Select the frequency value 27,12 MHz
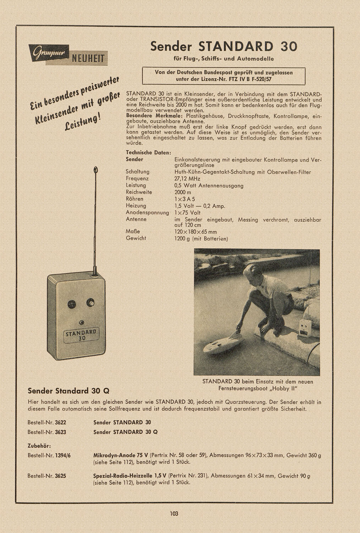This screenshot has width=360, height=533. [x=187, y=179]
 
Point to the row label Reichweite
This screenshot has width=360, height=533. [x=139, y=192]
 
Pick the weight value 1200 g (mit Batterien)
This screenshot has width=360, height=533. [x=201, y=238]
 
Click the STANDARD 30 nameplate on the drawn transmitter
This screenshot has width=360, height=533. [x=82, y=335]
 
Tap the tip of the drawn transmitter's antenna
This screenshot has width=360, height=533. [x=95, y=170]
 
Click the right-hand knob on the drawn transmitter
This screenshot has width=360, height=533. [x=91, y=303]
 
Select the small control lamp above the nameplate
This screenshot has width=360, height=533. [x=82, y=323]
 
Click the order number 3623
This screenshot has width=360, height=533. [x=60, y=432]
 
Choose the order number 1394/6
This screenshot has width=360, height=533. [x=63, y=455]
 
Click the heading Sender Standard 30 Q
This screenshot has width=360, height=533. [x=69, y=391]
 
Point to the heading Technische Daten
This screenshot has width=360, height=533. [x=148, y=152]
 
